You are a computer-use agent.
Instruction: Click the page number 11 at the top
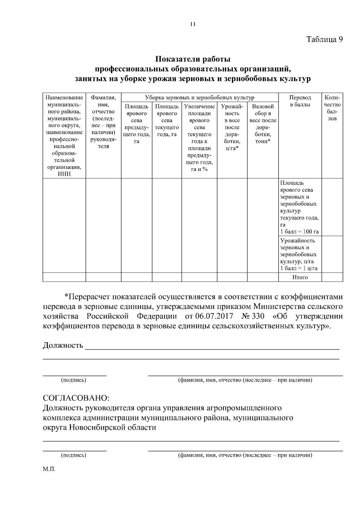pos(193,25)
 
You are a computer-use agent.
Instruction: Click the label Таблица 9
pos(324,39)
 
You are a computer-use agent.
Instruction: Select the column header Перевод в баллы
pos(300,101)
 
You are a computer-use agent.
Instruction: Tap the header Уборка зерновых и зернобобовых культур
pos(199,97)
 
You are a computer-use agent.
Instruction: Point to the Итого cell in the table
pos(300,277)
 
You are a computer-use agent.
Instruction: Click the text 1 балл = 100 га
pos(299,232)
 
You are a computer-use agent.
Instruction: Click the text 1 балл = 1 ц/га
pos(299,268)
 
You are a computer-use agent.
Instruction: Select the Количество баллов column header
pos(332,108)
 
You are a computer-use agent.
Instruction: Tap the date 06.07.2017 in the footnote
pos(212,316)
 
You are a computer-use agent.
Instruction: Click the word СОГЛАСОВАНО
pos(76,398)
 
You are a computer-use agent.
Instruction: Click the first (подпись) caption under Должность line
pos(73,380)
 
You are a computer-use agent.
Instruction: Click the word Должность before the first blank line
pos(63,346)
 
